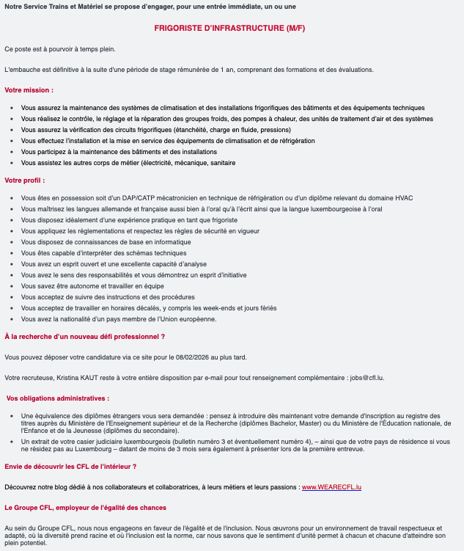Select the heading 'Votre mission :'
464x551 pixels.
pos(29,90)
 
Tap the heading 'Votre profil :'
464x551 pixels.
pos(25,180)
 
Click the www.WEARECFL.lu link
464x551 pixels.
pos(332,486)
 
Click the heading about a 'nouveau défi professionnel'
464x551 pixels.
pos(84,336)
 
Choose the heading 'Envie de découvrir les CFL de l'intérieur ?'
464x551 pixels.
pos(70,466)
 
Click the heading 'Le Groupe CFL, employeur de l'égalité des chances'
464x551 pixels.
pos(85,507)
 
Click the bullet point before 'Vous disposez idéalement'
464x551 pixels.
pos(12,220)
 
